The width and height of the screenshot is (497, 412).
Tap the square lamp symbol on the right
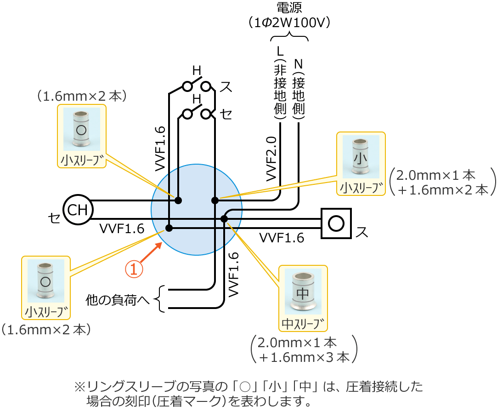pyautogui.click(x=336, y=223)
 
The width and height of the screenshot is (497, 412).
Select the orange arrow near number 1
pyautogui.click(x=152, y=252)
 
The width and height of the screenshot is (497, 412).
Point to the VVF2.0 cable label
pyautogui.click(x=271, y=158)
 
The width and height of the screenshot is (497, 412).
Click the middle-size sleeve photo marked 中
pyautogui.click(x=303, y=292)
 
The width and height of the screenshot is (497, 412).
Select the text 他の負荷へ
pyautogui.click(x=118, y=300)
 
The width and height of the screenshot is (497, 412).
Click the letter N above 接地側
pyautogui.click(x=299, y=63)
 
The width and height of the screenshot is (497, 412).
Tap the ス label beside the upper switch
pyautogui.click(x=226, y=86)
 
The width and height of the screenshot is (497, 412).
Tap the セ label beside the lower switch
pyautogui.click(x=226, y=114)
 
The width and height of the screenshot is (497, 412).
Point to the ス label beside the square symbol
pyautogui.click(x=361, y=233)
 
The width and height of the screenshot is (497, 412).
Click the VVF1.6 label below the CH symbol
pyautogui.click(x=122, y=229)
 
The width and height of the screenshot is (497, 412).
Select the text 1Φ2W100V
pyautogui.click(x=289, y=23)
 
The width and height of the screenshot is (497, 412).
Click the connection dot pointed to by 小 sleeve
pyautogui.click(x=215, y=200)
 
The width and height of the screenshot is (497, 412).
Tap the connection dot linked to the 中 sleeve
pyautogui.click(x=224, y=218)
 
